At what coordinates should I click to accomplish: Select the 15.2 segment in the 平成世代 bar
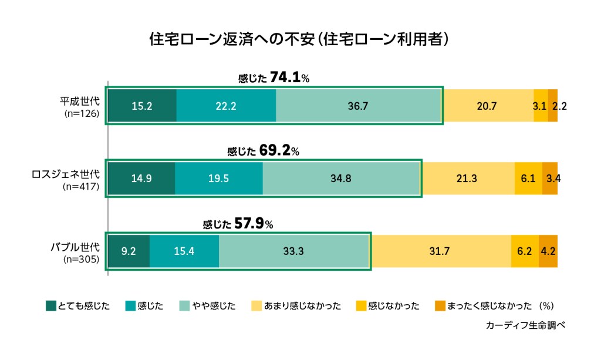(142, 106)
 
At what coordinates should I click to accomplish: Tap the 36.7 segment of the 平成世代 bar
(357, 106)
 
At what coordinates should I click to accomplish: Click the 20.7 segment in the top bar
(487, 106)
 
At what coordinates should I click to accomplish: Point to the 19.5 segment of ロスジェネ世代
(218, 179)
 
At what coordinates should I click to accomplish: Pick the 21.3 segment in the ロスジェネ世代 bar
(468, 179)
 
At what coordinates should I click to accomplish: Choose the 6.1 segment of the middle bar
(528, 179)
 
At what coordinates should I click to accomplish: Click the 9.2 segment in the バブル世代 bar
(129, 251)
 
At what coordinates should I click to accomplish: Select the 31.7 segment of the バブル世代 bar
(440, 251)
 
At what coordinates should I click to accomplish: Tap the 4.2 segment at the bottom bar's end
(548, 251)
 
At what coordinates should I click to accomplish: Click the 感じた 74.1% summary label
(274, 78)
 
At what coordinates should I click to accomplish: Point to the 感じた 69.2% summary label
(263, 151)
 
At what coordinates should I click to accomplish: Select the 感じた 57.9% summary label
(238, 224)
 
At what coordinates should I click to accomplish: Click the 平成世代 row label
(80, 100)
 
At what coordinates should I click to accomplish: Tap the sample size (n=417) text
(82, 187)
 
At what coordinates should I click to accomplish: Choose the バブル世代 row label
(75, 246)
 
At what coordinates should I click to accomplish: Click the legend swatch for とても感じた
(51, 305)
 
